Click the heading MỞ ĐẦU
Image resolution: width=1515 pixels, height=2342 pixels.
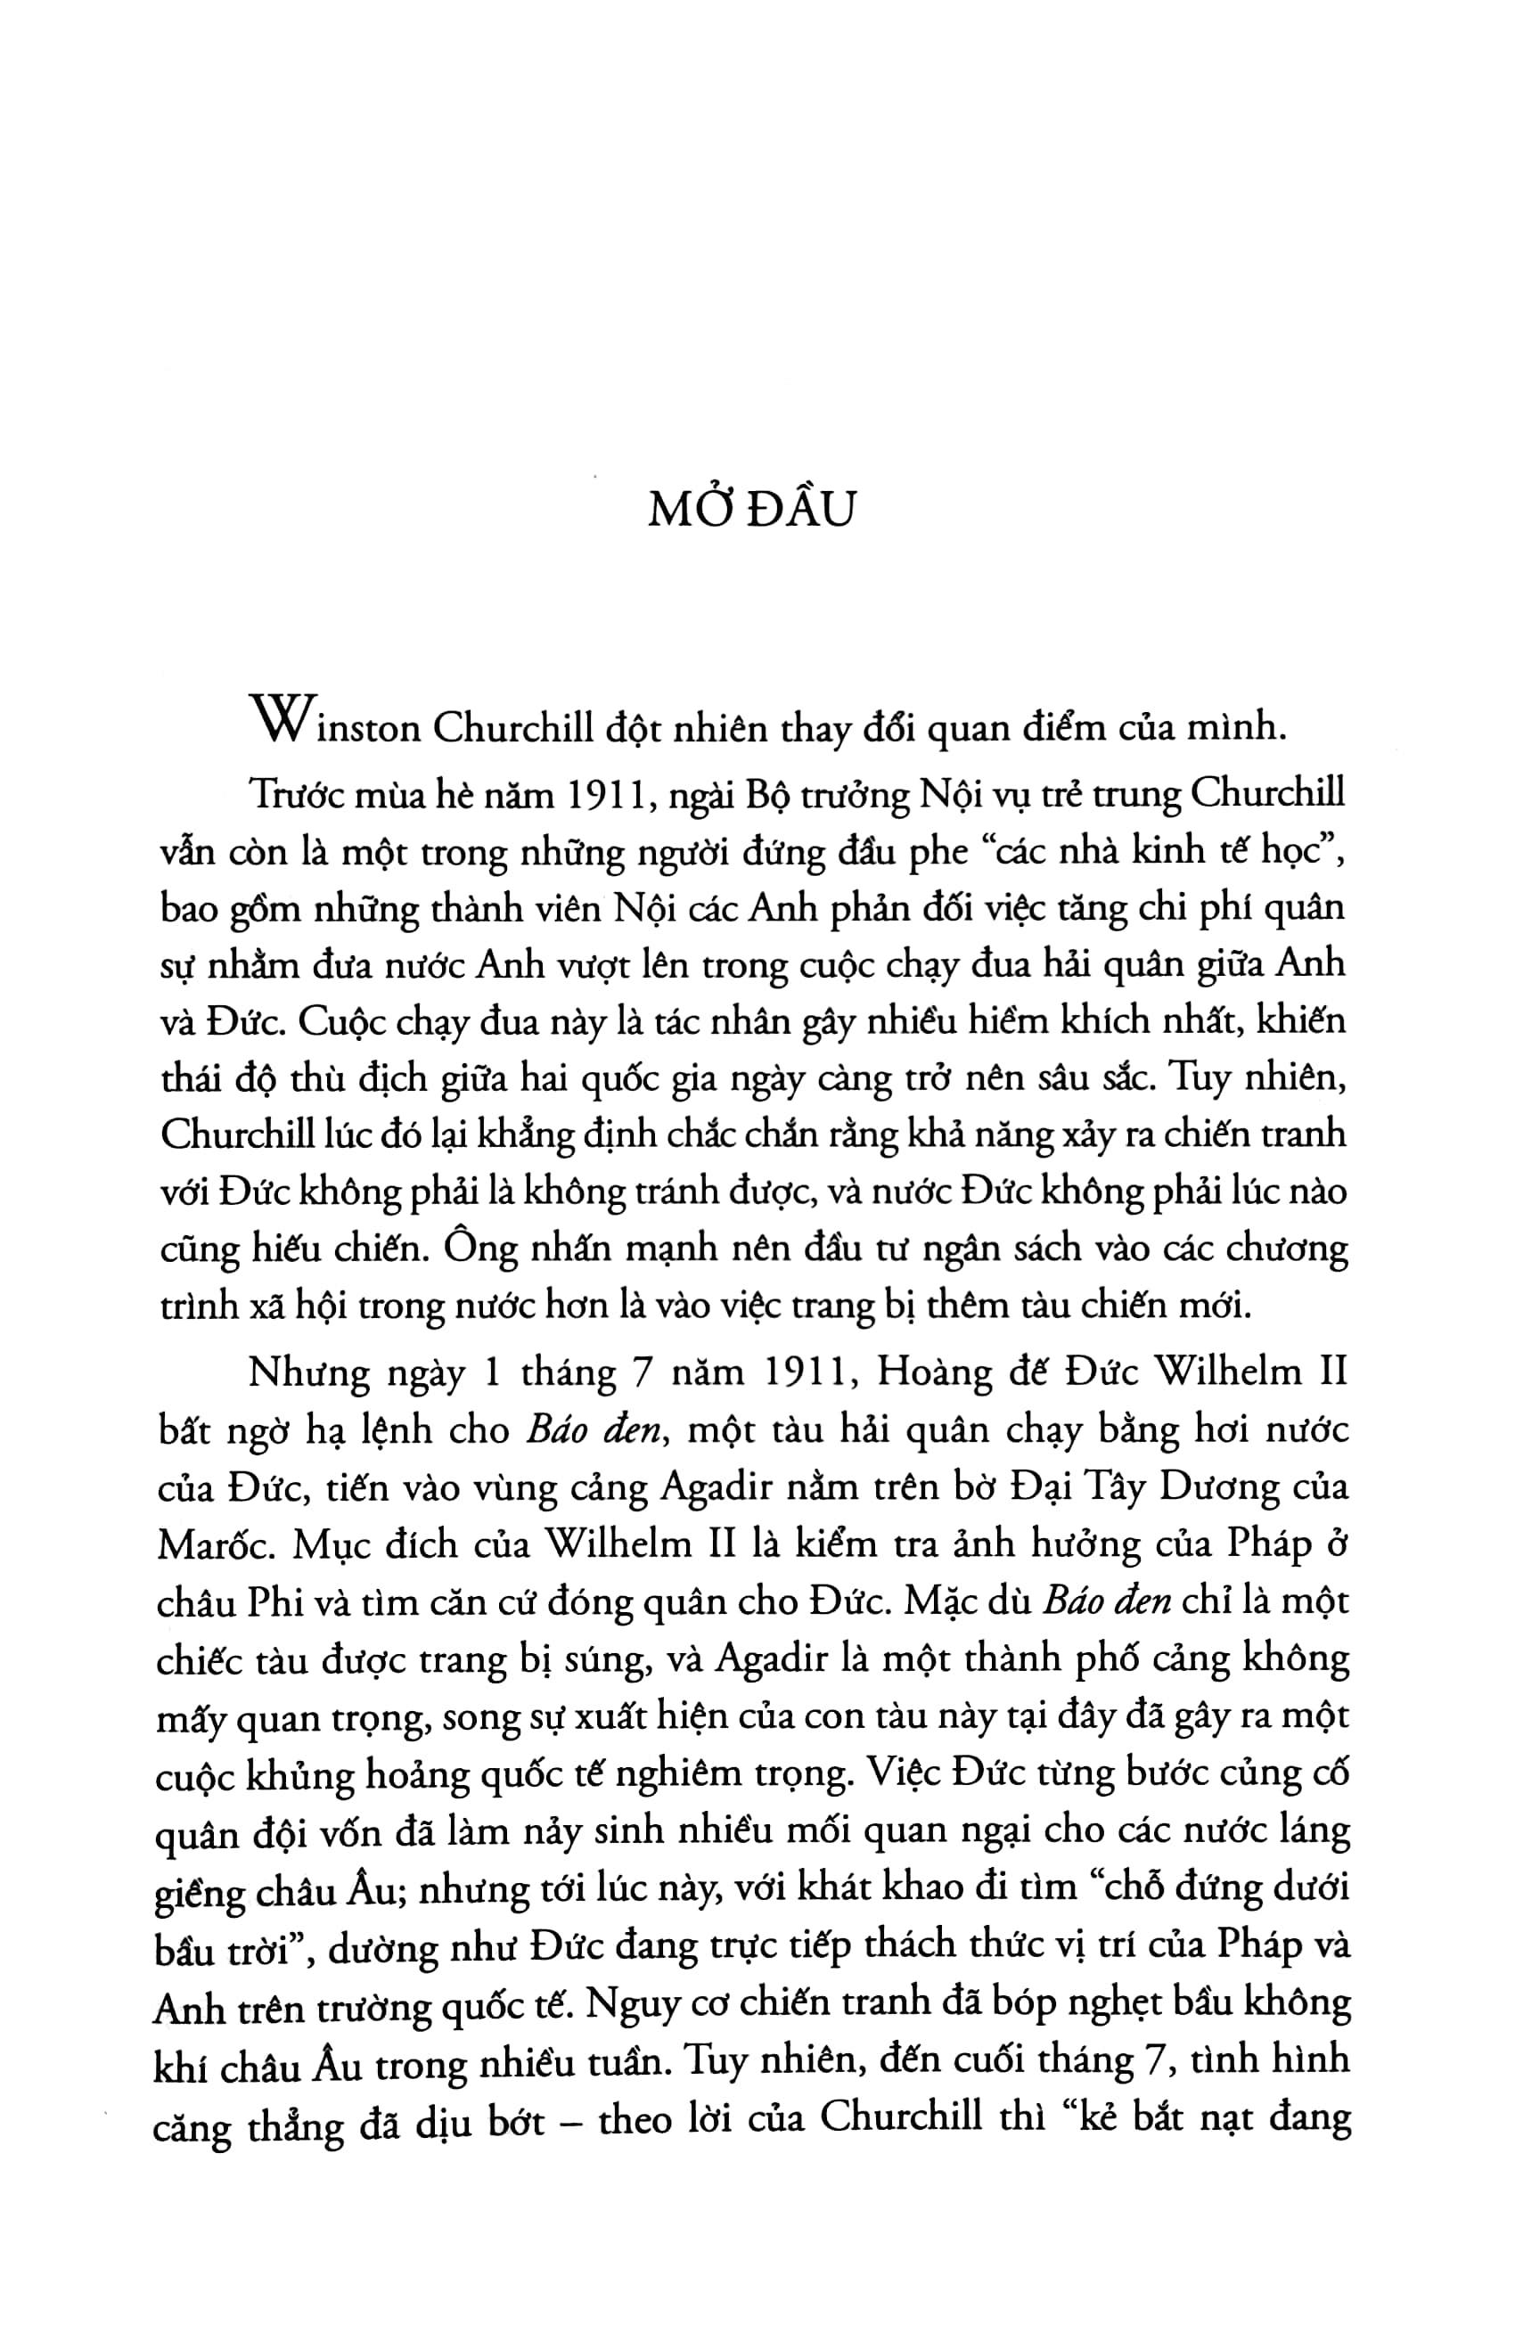[749, 511]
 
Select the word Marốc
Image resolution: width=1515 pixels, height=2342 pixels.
[209, 1546]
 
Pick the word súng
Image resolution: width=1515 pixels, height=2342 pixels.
[596, 1662]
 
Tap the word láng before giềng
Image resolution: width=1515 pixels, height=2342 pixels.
[1310, 1833]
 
